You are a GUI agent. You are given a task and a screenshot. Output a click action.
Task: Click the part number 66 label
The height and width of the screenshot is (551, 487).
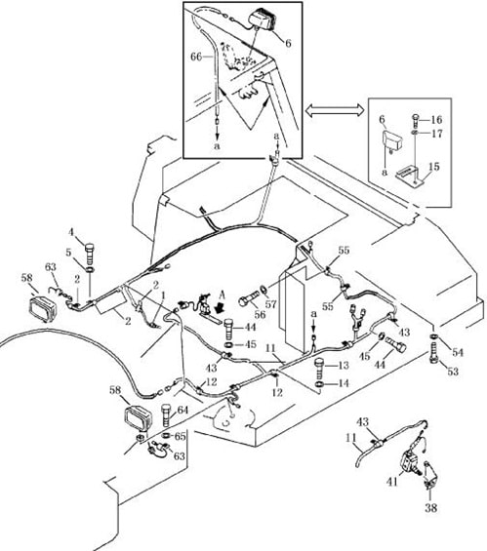[x=196, y=57]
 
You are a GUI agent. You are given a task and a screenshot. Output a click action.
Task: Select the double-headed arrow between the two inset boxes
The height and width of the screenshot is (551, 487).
[x=335, y=110]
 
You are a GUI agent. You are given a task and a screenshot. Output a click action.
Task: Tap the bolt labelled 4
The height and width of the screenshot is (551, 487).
[x=91, y=254]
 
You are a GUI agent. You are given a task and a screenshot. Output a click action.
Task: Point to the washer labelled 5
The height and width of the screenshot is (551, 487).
[x=90, y=270]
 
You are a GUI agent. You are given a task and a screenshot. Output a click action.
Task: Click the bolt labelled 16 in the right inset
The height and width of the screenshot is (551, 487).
[x=416, y=120]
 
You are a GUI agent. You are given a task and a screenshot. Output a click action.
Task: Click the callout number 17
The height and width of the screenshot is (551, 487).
[x=436, y=134]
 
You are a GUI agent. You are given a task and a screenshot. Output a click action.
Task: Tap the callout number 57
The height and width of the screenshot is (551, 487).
[x=270, y=303]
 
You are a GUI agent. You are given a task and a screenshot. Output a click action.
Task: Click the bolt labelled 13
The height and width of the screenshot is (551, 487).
[x=319, y=366]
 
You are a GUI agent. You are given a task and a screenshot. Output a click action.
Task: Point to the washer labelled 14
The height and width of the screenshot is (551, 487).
[x=319, y=383]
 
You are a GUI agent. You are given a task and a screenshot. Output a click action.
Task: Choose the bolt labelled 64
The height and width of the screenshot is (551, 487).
[x=166, y=415]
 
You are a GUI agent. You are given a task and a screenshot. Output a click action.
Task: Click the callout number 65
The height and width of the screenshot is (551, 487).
[x=180, y=437]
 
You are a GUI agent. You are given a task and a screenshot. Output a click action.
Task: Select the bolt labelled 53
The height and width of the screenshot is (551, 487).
[x=434, y=354]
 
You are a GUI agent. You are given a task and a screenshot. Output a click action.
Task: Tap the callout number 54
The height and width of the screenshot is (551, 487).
[x=457, y=352]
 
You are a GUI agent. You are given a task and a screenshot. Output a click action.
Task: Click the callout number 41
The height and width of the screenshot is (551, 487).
[x=391, y=481]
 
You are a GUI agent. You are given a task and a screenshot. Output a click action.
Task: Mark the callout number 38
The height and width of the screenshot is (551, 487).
[x=431, y=507]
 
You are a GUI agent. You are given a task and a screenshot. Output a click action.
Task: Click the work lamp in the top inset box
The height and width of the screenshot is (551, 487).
[x=262, y=19]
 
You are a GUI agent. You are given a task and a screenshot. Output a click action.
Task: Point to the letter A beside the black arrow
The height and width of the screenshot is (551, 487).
[x=222, y=295]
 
